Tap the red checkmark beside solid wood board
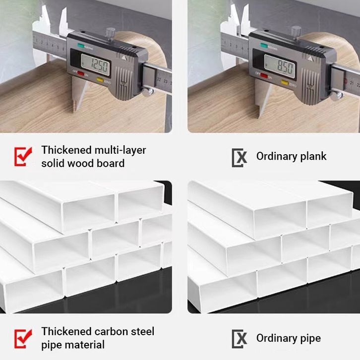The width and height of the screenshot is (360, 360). tap(22, 156)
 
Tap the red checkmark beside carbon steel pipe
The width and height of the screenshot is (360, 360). tap(22, 338)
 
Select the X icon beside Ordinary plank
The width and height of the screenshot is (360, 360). tap(240, 157)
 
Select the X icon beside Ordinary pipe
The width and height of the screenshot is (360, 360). tap(240, 339)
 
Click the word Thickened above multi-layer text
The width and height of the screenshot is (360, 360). tap(66, 150)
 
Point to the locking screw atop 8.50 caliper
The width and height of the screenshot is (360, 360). tap(297, 30)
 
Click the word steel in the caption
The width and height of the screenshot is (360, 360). tap(141, 331)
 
